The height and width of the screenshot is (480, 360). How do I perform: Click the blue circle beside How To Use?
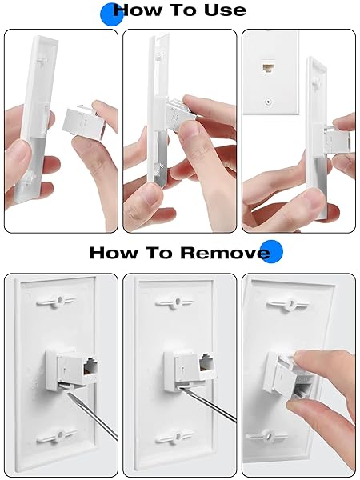(111, 14)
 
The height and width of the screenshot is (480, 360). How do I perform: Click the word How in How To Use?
(141, 10)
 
